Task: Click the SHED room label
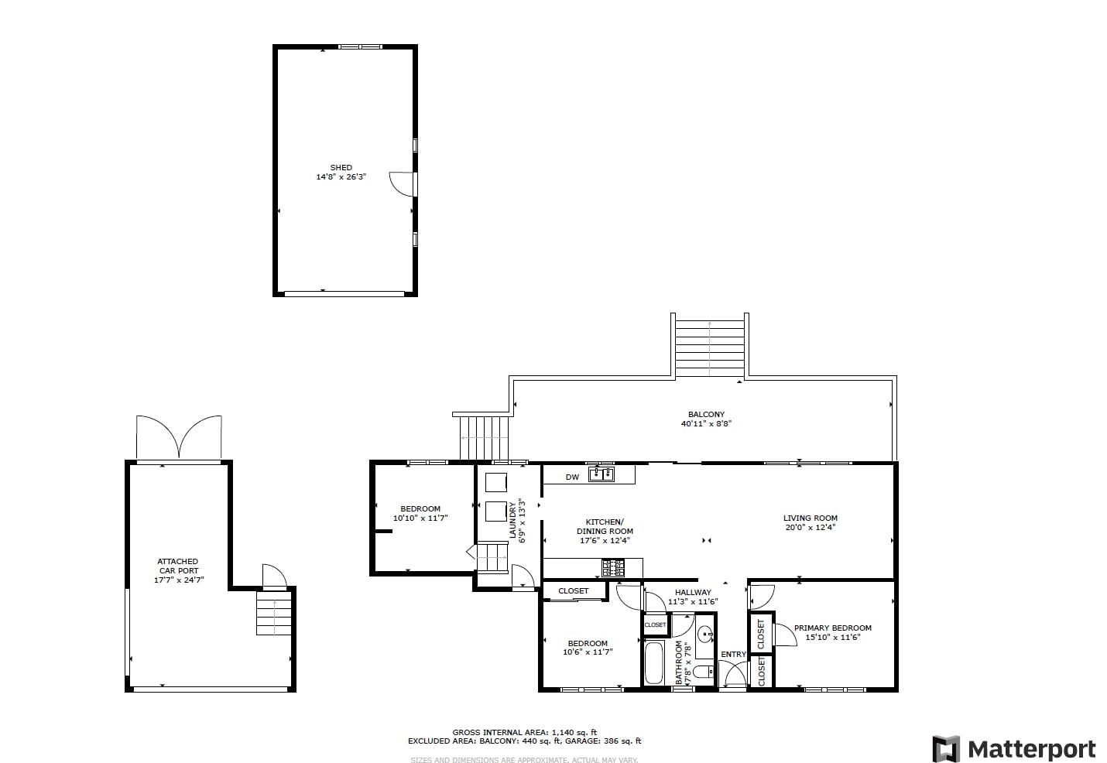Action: click(x=341, y=167)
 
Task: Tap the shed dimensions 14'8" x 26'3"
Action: click(x=341, y=176)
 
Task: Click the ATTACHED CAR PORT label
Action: click(x=178, y=566)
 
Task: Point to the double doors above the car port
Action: click(x=179, y=437)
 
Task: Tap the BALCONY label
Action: click(x=706, y=414)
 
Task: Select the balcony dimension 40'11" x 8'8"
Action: click(x=706, y=424)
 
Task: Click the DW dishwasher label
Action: click(x=572, y=477)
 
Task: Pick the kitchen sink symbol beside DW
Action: click(x=601, y=474)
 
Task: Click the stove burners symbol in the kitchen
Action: click(x=613, y=568)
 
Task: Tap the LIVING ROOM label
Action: click(x=811, y=518)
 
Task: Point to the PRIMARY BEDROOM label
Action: click(x=833, y=628)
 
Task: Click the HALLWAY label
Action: click(x=693, y=592)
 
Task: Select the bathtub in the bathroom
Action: click(x=654, y=662)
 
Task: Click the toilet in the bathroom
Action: click(x=703, y=672)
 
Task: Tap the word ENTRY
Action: click(x=733, y=655)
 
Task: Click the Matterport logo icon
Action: click(x=946, y=748)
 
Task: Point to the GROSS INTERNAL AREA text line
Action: click(x=524, y=732)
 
